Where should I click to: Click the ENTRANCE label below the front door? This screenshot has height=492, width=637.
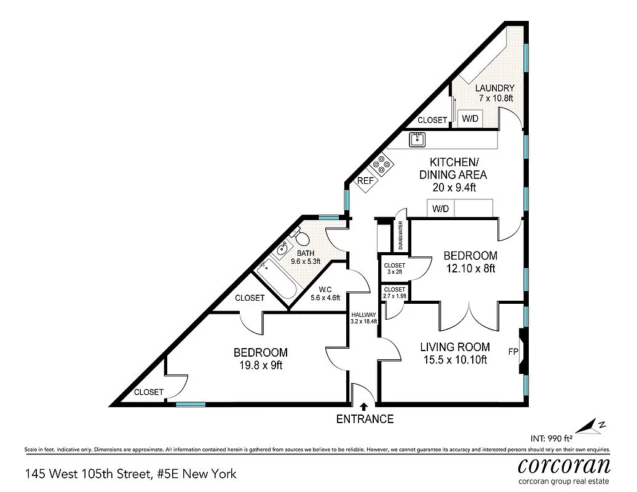(365, 419)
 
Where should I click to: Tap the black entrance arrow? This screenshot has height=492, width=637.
(364, 406)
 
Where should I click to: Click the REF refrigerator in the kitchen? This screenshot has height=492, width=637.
(365, 181)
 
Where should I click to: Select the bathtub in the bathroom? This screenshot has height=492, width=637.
(277, 280)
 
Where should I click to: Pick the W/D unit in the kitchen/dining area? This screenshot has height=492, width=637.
(440, 209)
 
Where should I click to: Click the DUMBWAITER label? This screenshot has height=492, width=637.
(402, 236)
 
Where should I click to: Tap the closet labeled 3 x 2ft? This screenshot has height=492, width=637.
(395, 269)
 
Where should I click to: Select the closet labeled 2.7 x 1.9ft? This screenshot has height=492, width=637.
(394, 292)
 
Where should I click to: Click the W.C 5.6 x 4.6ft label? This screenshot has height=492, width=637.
(325, 293)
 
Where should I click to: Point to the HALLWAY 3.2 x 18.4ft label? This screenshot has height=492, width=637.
(363, 317)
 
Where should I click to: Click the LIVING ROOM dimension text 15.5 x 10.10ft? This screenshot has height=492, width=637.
(455, 360)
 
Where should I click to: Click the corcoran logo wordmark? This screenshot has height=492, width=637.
(564, 464)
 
